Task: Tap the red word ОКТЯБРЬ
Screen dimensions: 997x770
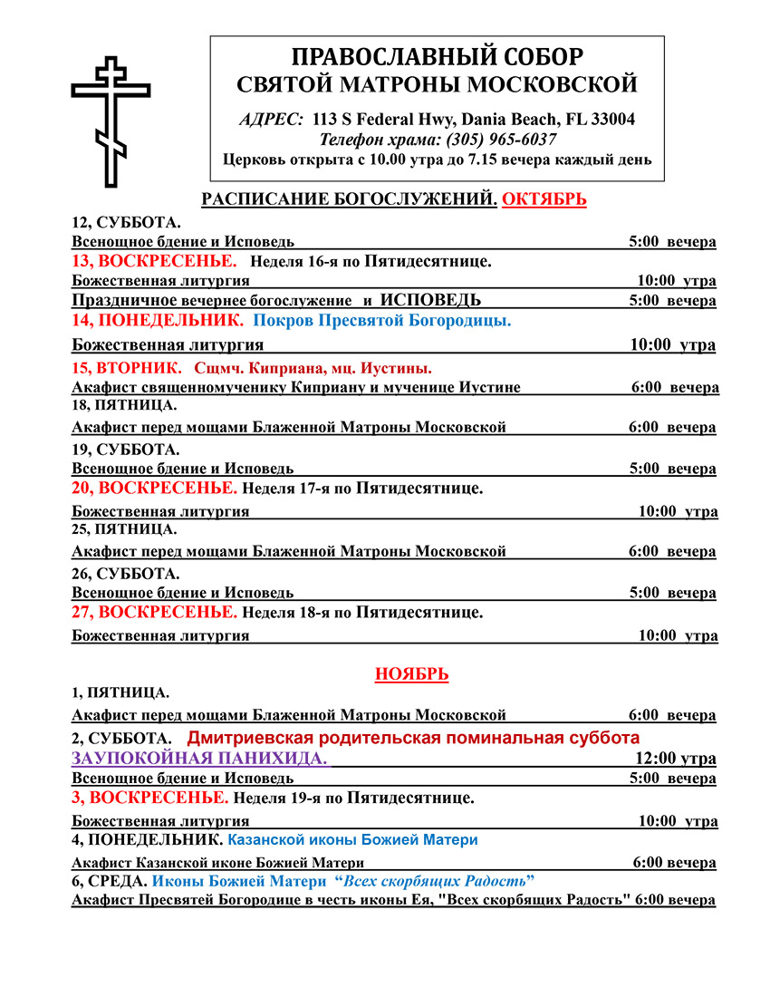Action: coord(544,199)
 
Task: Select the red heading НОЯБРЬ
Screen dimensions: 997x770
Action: coord(412,674)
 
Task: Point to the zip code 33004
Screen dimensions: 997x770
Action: coord(611,119)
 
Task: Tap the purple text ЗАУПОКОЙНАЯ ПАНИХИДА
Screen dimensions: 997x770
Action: coord(199,758)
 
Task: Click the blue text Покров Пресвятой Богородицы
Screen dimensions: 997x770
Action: coord(381,320)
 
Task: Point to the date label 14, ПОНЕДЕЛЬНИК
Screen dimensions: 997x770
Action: coord(157,320)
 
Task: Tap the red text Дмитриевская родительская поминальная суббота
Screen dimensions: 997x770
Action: coord(413,737)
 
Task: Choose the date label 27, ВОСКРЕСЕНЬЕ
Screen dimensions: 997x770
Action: coord(154,613)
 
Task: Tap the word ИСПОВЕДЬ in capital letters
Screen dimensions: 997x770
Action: coord(430,300)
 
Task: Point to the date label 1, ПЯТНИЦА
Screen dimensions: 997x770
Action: coord(120,693)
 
